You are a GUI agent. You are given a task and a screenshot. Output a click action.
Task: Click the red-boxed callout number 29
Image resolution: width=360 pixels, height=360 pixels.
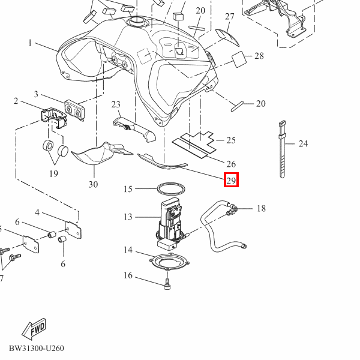tap(231, 180)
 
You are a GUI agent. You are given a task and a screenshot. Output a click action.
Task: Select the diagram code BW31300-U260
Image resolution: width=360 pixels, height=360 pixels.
tap(37, 348)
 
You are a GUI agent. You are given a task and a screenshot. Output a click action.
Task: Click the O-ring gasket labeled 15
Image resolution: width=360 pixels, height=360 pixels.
tap(171, 189)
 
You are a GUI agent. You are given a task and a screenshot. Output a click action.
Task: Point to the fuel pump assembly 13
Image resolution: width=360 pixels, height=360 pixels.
tap(170, 224)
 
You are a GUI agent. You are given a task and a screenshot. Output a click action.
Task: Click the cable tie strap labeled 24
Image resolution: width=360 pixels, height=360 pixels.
tap(282, 149)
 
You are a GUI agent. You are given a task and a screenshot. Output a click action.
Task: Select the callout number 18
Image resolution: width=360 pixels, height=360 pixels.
tap(261, 208)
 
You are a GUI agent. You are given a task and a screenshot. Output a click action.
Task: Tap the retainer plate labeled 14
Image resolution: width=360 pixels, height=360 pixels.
tap(169, 262)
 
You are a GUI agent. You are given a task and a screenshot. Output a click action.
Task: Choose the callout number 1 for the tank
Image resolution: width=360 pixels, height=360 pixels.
tap(30, 43)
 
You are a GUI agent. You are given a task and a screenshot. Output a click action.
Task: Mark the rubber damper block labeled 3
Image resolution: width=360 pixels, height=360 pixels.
tap(74, 110)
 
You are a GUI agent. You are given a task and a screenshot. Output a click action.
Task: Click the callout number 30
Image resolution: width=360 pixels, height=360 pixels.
tap(93, 184)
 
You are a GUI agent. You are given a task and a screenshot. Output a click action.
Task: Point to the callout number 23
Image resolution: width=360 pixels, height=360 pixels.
tap(116, 104)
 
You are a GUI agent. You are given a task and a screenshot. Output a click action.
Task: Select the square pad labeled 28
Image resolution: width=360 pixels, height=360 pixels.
tap(239, 59)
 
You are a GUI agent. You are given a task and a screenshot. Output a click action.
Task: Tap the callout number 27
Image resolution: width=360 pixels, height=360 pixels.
tap(230, 17)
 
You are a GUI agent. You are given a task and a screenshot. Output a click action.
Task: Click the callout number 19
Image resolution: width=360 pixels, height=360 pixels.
tap(53, 173)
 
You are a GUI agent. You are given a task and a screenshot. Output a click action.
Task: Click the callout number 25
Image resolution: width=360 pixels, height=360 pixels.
tap(231, 140)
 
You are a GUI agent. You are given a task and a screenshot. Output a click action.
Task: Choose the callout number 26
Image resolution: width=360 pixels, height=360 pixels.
tap(231, 164)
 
